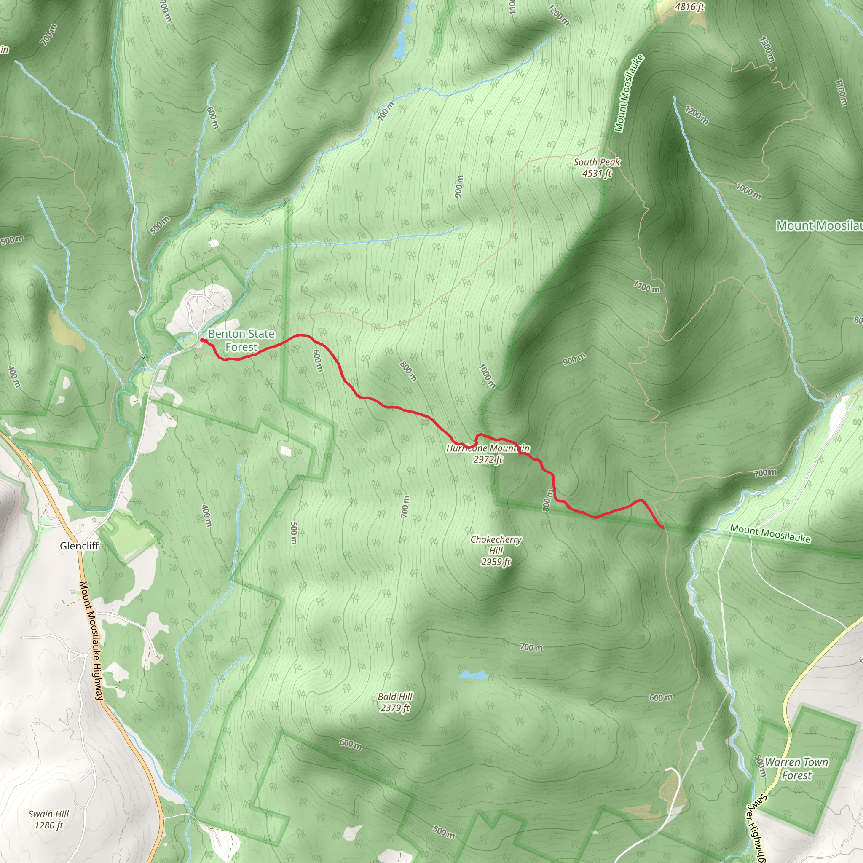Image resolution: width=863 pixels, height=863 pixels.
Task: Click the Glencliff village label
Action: click(x=79, y=546)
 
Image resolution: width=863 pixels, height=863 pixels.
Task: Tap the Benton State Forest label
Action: click(x=241, y=340)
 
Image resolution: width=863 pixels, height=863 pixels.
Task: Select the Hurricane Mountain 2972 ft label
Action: click(x=488, y=453)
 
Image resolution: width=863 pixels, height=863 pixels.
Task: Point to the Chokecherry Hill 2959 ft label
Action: click(x=496, y=550)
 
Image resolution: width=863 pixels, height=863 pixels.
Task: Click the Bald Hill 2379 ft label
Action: click(x=395, y=702)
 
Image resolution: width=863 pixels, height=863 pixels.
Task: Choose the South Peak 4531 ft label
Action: click(x=597, y=168)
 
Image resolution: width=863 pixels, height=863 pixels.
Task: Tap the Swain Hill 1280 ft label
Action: click(x=49, y=819)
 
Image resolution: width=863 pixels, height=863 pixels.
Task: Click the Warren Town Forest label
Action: click(x=796, y=769)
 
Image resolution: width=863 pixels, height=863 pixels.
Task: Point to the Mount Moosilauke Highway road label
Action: click(x=91, y=641)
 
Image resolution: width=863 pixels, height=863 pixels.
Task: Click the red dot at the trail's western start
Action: click(x=202, y=340)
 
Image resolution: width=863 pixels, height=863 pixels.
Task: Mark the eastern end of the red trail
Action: click(x=663, y=528)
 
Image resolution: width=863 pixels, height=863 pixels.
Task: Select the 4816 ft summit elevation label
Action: click(x=689, y=6)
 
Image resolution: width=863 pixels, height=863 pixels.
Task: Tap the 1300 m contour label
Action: click(x=767, y=49)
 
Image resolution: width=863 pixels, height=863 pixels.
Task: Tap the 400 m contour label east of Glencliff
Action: click(x=206, y=516)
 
